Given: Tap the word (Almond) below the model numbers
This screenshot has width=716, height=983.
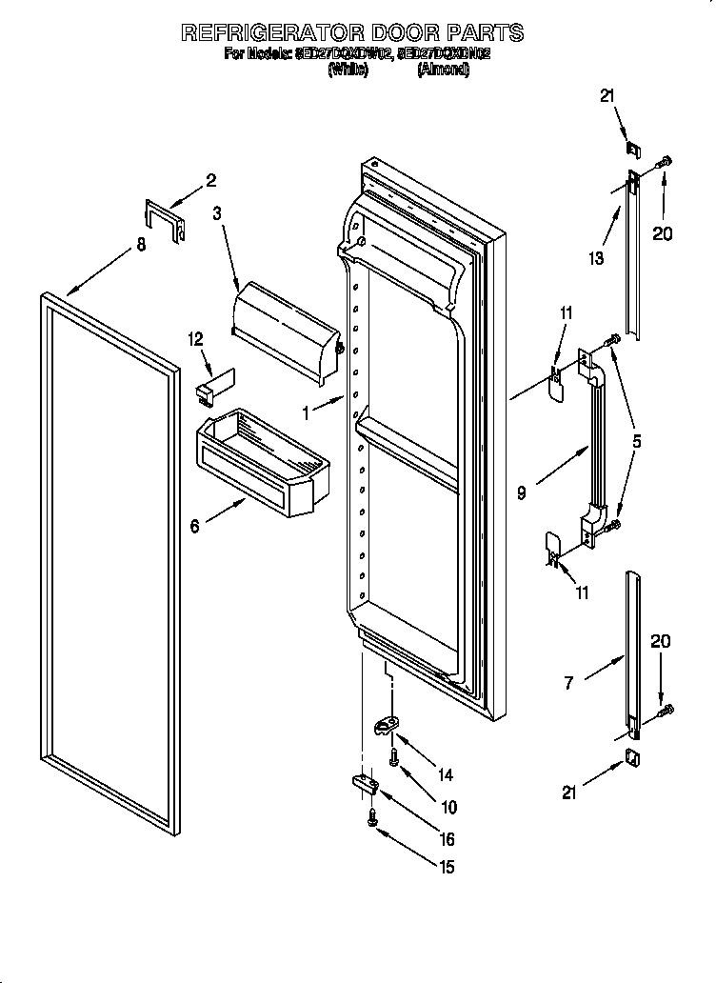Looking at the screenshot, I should [443, 70].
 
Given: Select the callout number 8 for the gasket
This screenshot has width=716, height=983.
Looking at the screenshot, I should [141, 245].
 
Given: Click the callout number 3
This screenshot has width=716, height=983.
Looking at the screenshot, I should [217, 214].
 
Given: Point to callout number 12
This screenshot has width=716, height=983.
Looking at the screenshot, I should [196, 338].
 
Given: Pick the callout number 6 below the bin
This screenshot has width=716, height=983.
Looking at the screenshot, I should [195, 525].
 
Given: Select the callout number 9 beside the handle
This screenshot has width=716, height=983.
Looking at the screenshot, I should [521, 492].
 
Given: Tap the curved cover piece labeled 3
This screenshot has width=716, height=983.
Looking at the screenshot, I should [286, 326].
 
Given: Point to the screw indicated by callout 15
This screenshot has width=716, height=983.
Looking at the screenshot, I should [371, 818].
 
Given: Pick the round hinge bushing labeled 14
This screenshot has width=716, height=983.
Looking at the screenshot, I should [384, 727].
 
